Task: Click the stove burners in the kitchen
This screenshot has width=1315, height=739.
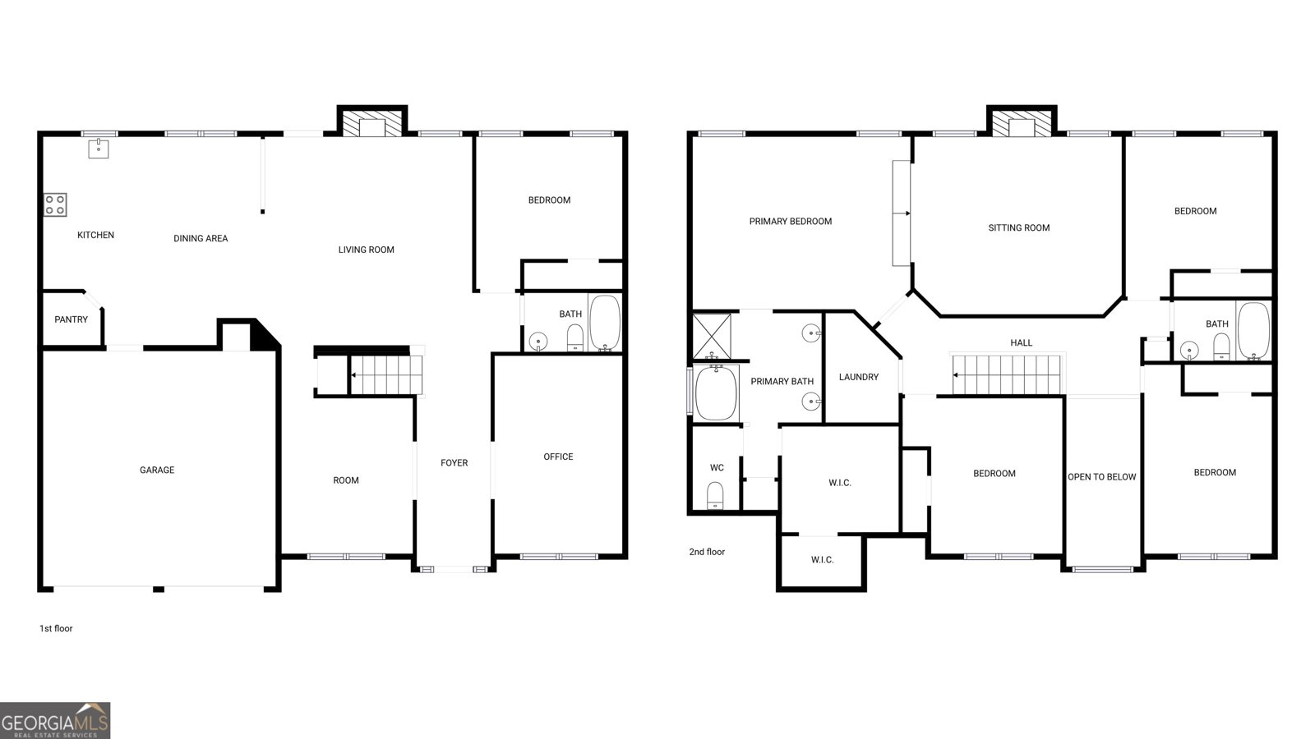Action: coord(55,204)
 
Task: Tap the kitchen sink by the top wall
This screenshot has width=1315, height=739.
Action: coord(99,149)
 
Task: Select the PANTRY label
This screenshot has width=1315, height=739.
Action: coord(71,319)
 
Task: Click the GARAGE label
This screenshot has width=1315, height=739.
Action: coord(157,470)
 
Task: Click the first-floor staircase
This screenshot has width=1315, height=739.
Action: coord(386,374)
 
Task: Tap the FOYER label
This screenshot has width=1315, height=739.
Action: coord(454,463)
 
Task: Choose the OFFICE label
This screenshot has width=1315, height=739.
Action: coord(558,457)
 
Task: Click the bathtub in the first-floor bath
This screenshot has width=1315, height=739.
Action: coord(605,323)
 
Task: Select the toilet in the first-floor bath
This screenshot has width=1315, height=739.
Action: coord(574,338)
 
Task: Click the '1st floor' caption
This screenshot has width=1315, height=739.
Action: coord(56,628)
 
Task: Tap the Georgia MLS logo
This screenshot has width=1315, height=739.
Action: coord(54,721)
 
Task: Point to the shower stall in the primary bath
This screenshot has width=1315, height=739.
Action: coord(712,336)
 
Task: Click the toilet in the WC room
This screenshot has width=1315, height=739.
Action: coord(715,496)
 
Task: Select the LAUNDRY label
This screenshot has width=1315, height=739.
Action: coord(859,377)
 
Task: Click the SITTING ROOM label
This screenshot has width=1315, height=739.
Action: coord(1019,227)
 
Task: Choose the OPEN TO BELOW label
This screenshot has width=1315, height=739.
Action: coord(1102,477)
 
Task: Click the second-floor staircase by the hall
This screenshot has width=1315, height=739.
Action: coord(1007,374)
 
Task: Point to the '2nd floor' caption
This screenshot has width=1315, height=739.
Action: coord(707,552)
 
